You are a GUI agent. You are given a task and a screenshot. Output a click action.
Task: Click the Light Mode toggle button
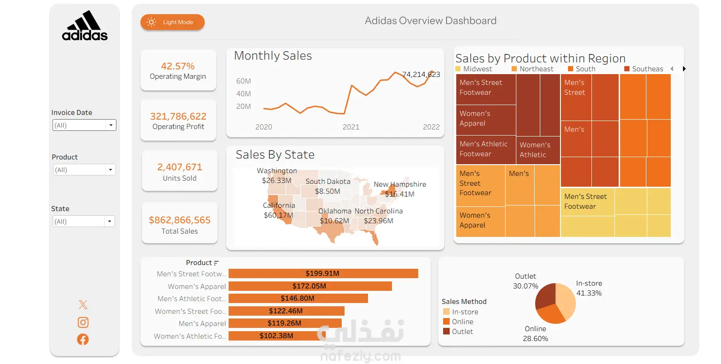click(x=172, y=22)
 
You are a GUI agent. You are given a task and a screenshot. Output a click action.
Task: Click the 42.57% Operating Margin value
click(x=178, y=66)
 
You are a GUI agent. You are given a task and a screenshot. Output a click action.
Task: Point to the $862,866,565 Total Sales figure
click(x=180, y=220)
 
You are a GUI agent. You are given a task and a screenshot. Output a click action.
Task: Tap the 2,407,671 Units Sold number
click(x=180, y=167)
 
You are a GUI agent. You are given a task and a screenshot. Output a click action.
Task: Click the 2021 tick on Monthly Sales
click(x=351, y=127)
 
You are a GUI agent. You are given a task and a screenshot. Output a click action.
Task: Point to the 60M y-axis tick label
click(x=244, y=81)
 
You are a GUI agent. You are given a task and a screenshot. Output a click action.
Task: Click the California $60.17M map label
click(x=279, y=211)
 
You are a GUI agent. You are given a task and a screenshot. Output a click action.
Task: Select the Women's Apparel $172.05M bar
click(x=310, y=286)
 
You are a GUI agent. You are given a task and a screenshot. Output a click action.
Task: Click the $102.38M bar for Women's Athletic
click(x=277, y=336)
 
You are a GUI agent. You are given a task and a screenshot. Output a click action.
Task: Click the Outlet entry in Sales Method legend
click(x=462, y=332)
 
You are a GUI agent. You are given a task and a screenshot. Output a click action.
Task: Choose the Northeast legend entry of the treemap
click(x=537, y=69)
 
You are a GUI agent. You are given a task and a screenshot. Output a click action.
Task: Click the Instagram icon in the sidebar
click(x=83, y=322)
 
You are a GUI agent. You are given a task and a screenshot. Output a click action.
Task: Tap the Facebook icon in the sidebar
click(x=83, y=339)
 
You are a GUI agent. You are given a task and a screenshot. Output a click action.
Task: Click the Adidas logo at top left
click(x=85, y=26)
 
